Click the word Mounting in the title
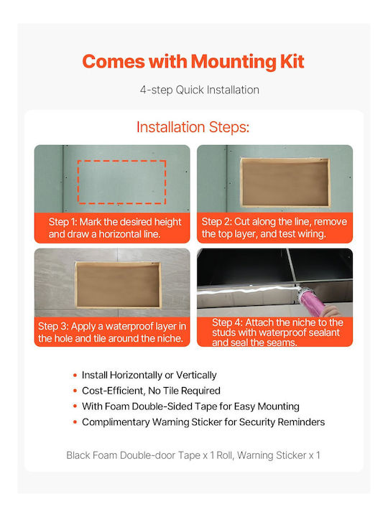click(234, 62)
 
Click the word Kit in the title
click(292, 61)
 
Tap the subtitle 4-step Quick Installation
click(199, 90)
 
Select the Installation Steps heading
click(193, 127)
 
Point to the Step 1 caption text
click(115, 228)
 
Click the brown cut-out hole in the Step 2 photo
click(285, 182)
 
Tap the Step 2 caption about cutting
click(274, 228)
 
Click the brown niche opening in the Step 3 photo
click(118, 285)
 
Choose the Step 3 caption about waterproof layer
click(112, 332)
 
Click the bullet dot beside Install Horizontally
click(75, 376)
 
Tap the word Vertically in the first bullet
click(196, 376)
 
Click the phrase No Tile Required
click(184, 391)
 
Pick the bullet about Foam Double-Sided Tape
click(190, 406)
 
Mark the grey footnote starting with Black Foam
click(193, 455)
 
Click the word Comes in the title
click(114, 62)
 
